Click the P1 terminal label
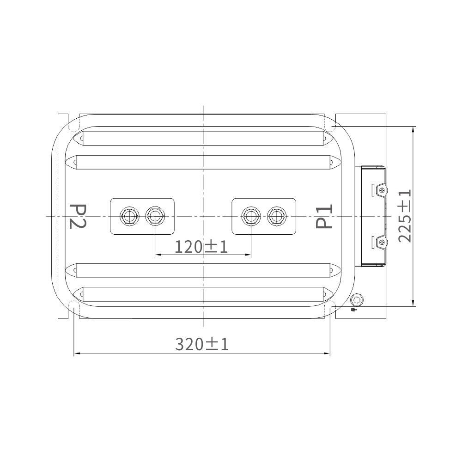pos(324,216)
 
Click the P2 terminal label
pos(78,216)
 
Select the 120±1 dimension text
pos(201,247)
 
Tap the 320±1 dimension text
pos(202,344)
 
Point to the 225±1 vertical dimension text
pos(405,216)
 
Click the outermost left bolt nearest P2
pos(130,216)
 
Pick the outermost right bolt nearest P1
pos(277,216)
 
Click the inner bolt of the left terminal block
pos(155,216)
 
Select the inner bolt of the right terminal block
pos(251,216)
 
